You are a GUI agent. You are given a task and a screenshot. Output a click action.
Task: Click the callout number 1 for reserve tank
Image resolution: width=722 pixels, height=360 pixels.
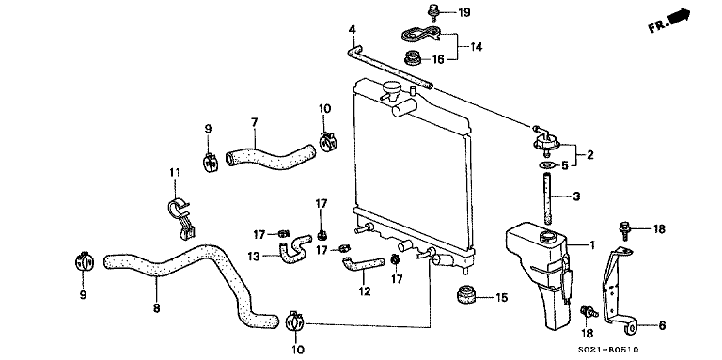(592, 244)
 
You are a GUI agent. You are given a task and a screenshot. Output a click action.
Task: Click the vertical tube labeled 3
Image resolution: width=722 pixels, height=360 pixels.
(546, 196)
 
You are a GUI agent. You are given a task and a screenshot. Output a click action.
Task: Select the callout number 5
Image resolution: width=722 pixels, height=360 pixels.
(565, 164)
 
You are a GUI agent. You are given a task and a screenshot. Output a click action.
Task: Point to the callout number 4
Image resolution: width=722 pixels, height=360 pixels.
(353, 30)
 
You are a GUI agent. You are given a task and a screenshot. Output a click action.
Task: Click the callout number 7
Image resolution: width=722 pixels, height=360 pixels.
(254, 121)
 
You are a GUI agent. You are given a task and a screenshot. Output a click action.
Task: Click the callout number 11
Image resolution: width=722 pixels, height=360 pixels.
(173, 172)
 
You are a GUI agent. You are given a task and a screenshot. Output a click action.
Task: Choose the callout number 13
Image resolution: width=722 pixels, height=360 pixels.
(253, 256)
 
